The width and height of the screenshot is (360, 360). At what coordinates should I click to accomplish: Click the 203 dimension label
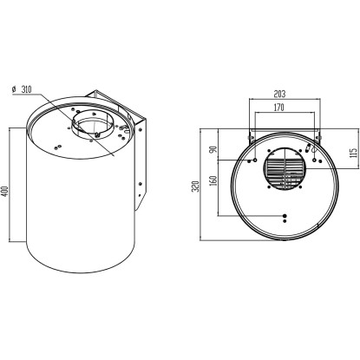coord(279,94)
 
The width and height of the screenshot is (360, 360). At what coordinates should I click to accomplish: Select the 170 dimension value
coord(278,108)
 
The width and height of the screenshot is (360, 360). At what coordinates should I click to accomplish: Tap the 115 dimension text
coord(353,154)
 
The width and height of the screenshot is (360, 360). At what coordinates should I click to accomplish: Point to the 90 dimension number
coord(213,150)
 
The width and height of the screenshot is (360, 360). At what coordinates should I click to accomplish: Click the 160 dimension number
coord(213,180)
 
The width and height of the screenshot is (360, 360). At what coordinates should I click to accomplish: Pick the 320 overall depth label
coord(196,187)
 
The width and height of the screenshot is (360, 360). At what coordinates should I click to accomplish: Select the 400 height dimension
coord(5,191)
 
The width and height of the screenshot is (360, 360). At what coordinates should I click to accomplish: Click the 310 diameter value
coord(26,89)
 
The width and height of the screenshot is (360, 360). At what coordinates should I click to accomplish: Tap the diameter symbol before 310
coord(14,89)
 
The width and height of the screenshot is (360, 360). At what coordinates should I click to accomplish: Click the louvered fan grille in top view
coord(285,169)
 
